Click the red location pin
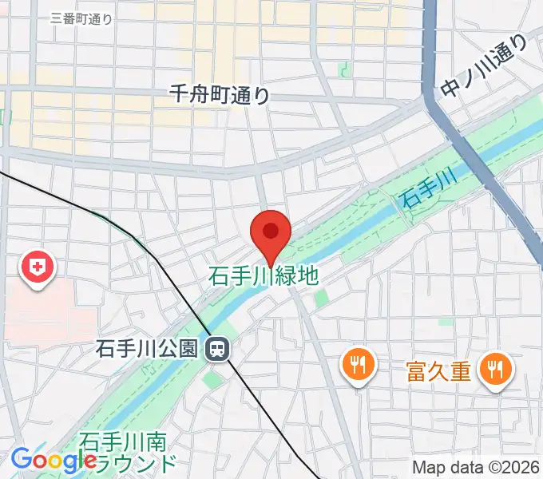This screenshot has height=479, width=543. (x=271, y=232)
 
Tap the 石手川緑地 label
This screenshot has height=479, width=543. (x=264, y=277)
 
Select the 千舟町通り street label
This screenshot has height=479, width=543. (x=220, y=94)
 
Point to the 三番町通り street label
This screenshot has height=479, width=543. (x=81, y=18)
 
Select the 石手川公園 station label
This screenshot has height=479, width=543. (x=146, y=349)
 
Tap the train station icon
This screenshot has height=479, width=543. (x=216, y=348)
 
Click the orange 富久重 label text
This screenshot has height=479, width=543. (x=438, y=370)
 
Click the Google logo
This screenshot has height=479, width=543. (x=54, y=461)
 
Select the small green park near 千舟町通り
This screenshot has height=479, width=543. (x=344, y=70)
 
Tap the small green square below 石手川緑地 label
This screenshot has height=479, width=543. (x=321, y=299)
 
